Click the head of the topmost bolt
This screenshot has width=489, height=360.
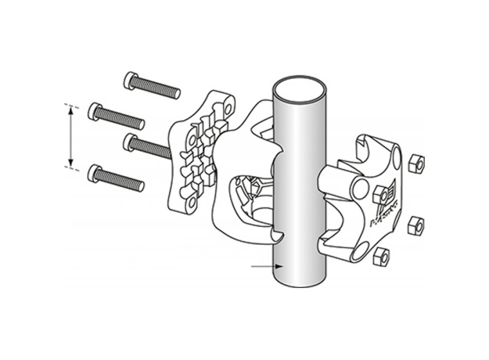(130, 80)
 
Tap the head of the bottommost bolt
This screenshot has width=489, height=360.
(94, 173)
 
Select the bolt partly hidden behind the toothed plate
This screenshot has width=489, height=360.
(149, 147)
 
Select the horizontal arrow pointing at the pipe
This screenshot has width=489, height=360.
(265, 266)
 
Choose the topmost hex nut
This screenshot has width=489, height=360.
(416, 164)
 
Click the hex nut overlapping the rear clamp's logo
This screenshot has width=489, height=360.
(380, 194)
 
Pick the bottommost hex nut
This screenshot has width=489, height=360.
(380, 256)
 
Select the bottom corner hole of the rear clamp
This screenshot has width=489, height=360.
(359, 252)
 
